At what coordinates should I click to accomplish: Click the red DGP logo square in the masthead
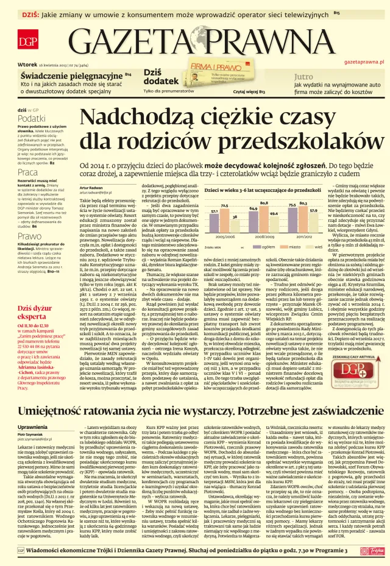pos(27,41)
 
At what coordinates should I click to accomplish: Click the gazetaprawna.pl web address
pos(363,62)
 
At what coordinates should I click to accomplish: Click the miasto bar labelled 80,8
pos(263,217)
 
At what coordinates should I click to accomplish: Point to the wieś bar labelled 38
pos(234,225)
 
